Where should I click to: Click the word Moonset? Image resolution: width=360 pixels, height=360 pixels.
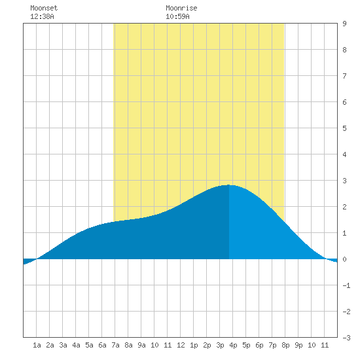(x=44, y=8)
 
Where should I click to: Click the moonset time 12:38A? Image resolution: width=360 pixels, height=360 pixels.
(x=42, y=16)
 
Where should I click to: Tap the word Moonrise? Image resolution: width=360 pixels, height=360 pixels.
(x=181, y=8)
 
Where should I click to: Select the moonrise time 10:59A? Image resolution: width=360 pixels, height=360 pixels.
(x=177, y=16)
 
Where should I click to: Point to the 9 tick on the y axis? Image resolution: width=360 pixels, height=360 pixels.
(x=344, y=24)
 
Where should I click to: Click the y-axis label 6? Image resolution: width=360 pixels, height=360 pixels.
(x=344, y=102)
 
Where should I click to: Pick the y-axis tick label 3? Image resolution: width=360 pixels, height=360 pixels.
(x=344, y=181)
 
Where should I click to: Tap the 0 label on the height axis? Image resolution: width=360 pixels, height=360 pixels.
(x=344, y=259)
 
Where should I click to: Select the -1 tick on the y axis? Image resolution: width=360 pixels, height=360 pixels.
(x=346, y=285)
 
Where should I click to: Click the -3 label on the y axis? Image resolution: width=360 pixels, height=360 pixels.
(x=346, y=338)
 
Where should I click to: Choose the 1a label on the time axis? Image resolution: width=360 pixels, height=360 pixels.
(x=37, y=345)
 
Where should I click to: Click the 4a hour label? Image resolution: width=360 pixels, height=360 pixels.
(x=76, y=345)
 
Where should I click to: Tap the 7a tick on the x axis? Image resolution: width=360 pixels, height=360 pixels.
(x=115, y=345)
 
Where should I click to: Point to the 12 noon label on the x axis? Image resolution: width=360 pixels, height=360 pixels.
(x=181, y=345)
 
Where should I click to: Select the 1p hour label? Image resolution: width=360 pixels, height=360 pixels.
(x=194, y=345)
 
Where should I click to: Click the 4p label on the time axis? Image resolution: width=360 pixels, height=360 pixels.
(x=233, y=345)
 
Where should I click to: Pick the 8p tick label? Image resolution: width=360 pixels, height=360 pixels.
(x=285, y=345)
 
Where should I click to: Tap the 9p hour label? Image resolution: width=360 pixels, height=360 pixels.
(x=298, y=345)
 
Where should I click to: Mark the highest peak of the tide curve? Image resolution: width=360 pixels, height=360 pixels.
(x=229, y=185)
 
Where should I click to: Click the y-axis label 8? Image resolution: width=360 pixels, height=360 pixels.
(x=344, y=50)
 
